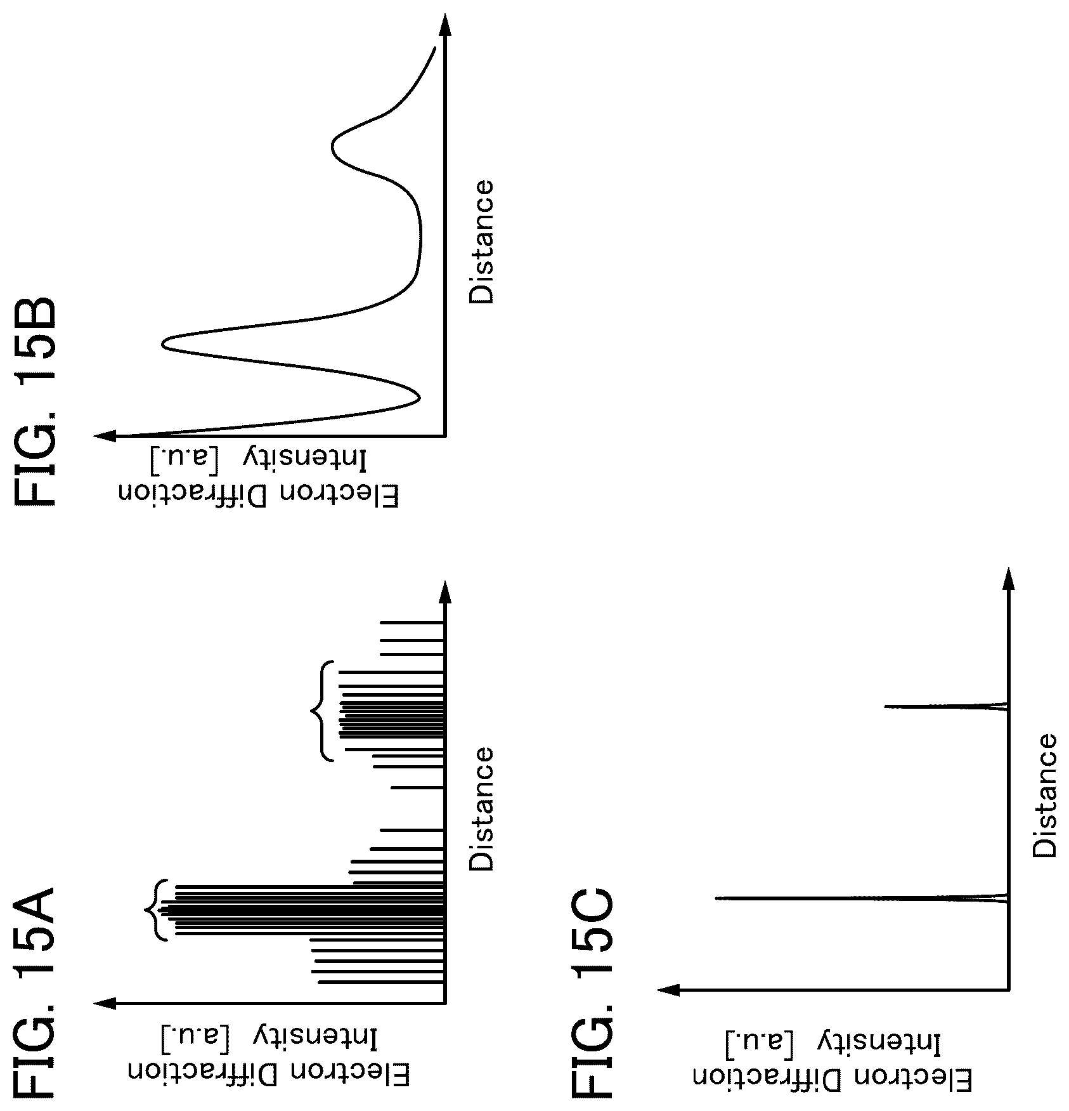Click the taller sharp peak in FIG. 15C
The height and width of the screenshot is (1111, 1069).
[716, 898]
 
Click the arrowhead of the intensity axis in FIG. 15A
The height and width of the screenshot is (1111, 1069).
[105, 1003]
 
